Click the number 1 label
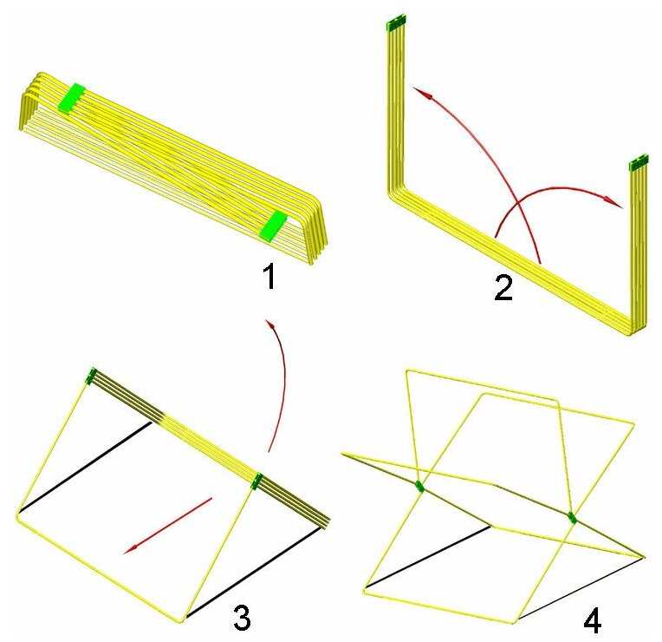pos(269,276)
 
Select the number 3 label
pos(242,617)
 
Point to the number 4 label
pos(592,620)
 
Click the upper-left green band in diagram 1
pos(71,98)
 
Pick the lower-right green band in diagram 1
pos(273,226)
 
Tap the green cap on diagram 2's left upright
pos(397,23)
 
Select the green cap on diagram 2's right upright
pos(639,162)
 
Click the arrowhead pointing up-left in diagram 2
pos(422,93)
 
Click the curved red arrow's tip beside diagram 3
pos(269,324)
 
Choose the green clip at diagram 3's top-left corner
pos(91,376)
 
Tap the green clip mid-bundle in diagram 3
pos(256,481)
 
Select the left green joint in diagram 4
pos(419,487)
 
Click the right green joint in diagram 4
pos(572,517)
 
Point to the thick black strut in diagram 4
pos(428,556)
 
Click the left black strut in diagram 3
pos(85,467)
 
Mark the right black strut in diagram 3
pos(255,572)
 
